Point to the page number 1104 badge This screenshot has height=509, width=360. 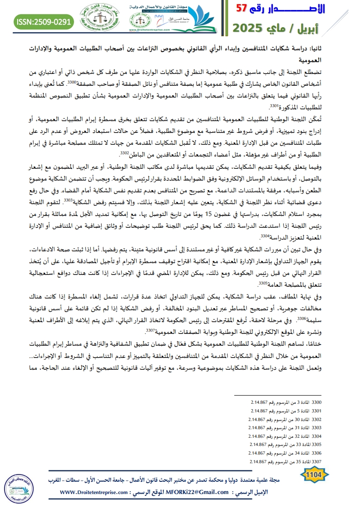pyautogui.click(x=315, y=475)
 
